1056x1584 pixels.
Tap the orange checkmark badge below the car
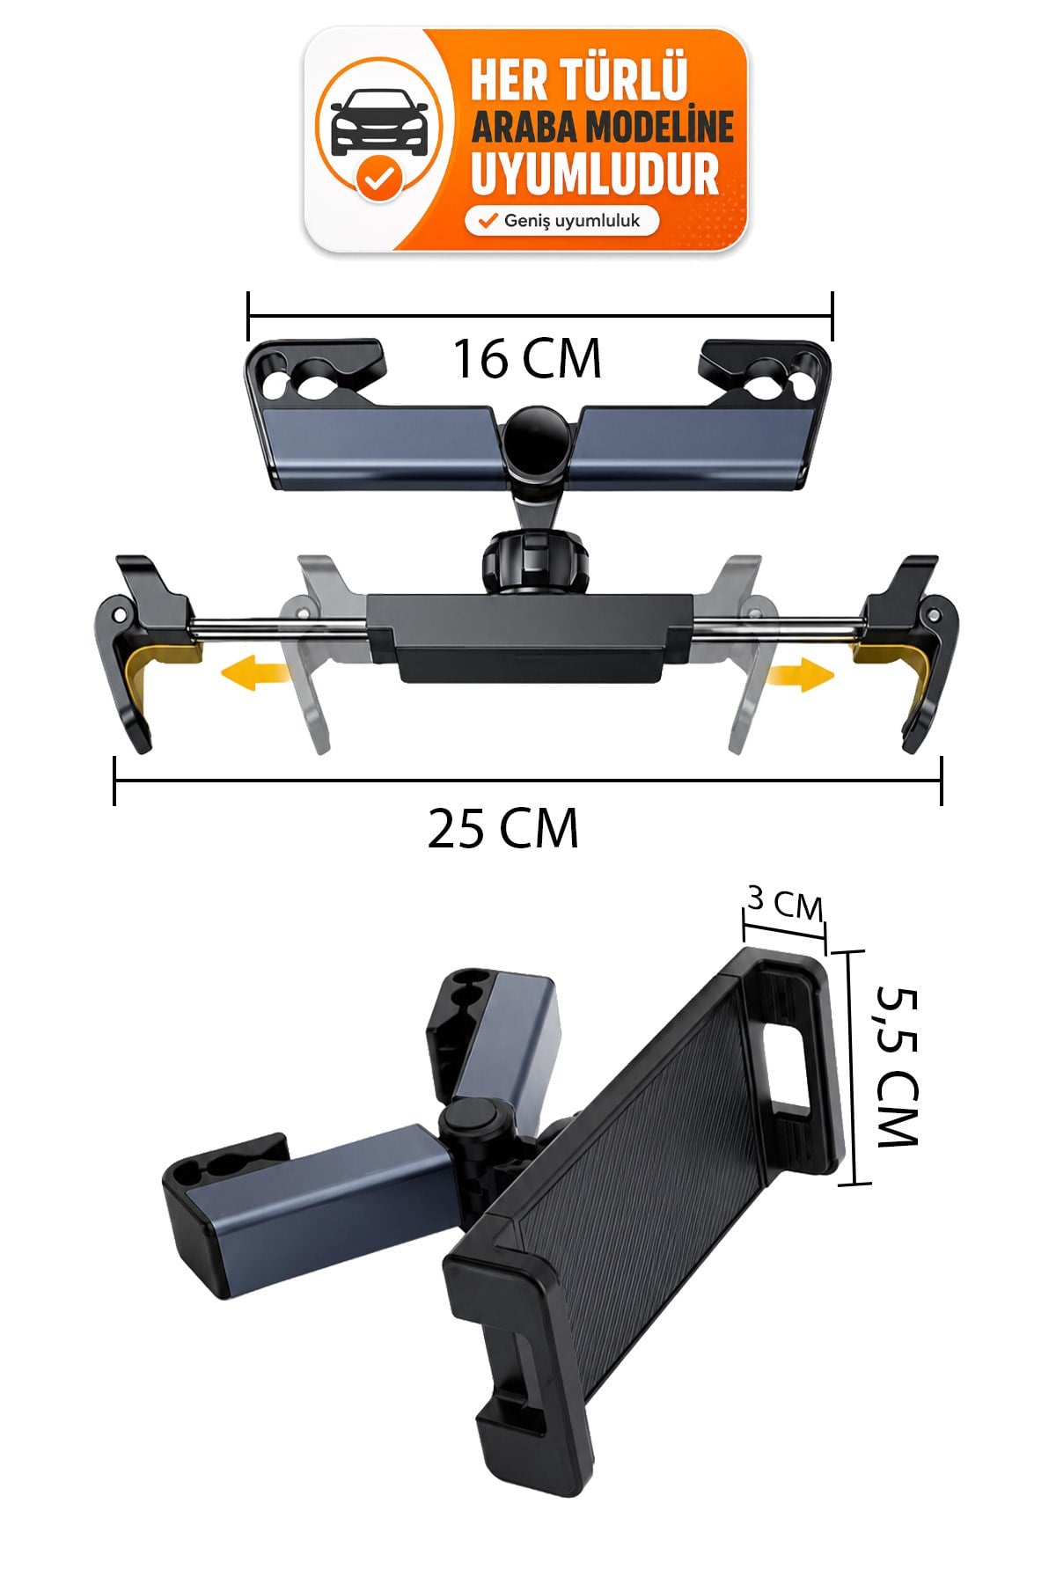pos(379,178)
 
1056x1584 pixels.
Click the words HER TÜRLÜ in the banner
pos(578,80)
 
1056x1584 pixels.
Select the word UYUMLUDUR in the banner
pos(596,173)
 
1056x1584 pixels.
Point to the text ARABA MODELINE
pos(602,128)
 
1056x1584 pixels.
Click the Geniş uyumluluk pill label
pos(561,221)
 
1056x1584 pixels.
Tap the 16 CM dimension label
pos(527,359)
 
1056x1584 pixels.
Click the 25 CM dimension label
pos(503,828)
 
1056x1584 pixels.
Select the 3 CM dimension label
pos(785,903)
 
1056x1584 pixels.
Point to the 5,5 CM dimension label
pos(898,1066)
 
